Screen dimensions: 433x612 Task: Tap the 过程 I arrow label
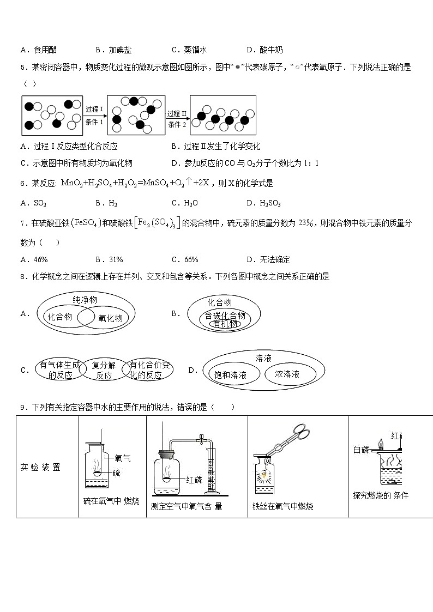(x=94, y=109)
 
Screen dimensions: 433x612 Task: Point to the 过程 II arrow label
(x=177, y=113)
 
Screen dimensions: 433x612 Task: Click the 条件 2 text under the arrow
(x=177, y=125)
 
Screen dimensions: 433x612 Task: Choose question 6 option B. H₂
(x=113, y=203)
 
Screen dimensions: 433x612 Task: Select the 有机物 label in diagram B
(x=225, y=324)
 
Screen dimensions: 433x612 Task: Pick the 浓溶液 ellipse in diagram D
(x=287, y=374)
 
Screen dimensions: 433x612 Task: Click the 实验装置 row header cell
(x=40, y=467)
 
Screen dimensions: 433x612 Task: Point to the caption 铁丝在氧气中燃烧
(x=282, y=506)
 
